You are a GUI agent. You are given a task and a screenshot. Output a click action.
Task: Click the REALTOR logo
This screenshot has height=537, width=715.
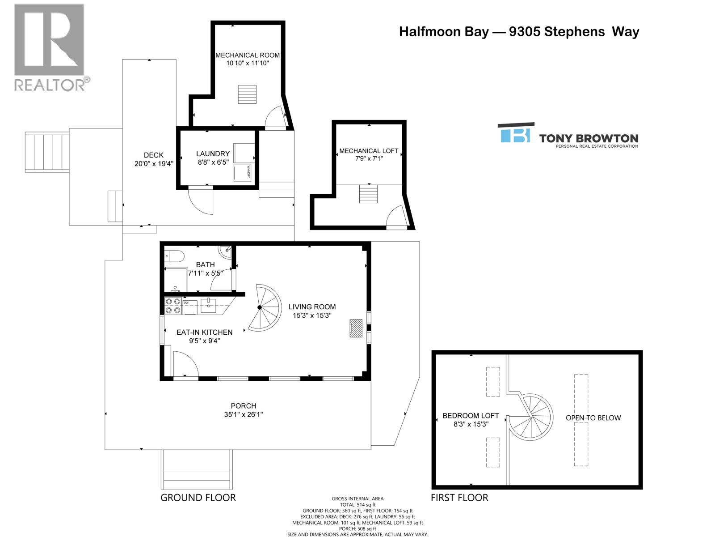50,47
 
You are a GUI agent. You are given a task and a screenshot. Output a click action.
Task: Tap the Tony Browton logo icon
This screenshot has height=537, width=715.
515,133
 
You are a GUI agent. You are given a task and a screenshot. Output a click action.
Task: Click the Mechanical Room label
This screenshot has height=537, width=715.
248,55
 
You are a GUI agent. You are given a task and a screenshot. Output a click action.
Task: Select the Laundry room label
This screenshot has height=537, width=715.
213,154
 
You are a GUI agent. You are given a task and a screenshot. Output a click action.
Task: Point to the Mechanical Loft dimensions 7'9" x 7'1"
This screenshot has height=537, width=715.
369,158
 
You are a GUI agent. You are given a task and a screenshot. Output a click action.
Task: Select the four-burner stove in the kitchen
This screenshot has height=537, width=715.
173,306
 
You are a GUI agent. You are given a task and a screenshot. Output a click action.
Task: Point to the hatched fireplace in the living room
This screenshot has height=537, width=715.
356,328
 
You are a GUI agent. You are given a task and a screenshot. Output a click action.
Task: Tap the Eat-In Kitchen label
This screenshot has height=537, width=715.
204,332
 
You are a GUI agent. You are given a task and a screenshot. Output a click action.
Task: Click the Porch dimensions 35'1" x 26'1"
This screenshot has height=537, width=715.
244,415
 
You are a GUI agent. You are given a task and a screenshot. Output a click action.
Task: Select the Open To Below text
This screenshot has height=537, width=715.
593,418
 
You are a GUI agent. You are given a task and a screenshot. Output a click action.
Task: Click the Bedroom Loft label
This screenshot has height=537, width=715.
471,416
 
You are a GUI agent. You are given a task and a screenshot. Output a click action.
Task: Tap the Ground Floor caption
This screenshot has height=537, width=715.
198,498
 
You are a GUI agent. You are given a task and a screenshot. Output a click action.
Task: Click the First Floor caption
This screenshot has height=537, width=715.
459,498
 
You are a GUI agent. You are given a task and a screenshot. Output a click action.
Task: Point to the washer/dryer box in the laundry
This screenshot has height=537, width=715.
245,173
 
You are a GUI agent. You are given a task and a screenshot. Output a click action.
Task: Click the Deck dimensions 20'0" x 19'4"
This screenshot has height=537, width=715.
154,164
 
